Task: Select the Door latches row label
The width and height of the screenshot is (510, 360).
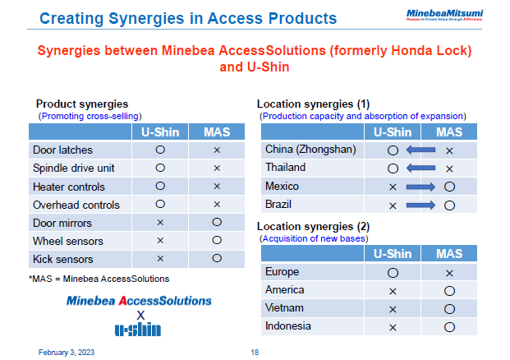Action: click(62, 150)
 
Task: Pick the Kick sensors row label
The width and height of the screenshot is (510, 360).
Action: click(62, 259)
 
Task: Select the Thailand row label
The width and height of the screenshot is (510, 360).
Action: click(285, 168)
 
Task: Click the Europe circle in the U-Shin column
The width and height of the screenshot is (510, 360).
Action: click(393, 272)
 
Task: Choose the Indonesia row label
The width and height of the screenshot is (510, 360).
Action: click(288, 326)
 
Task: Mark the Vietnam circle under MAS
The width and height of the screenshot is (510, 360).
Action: click(449, 308)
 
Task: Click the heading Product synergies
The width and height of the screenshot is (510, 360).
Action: click(81, 104)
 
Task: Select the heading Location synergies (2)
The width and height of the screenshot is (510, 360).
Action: click(313, 226)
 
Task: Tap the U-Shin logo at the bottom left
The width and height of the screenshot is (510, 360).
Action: click(138, 330)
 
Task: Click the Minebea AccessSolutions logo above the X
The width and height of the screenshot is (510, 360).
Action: click(139, 301)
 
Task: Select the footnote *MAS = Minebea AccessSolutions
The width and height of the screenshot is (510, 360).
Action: click(99, 279)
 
